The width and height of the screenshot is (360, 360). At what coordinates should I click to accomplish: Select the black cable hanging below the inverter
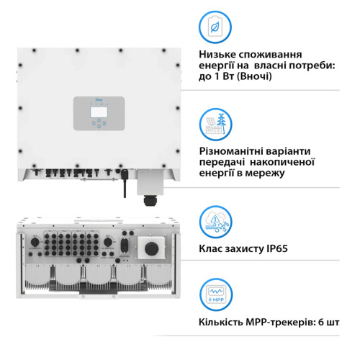click(125, 185)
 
